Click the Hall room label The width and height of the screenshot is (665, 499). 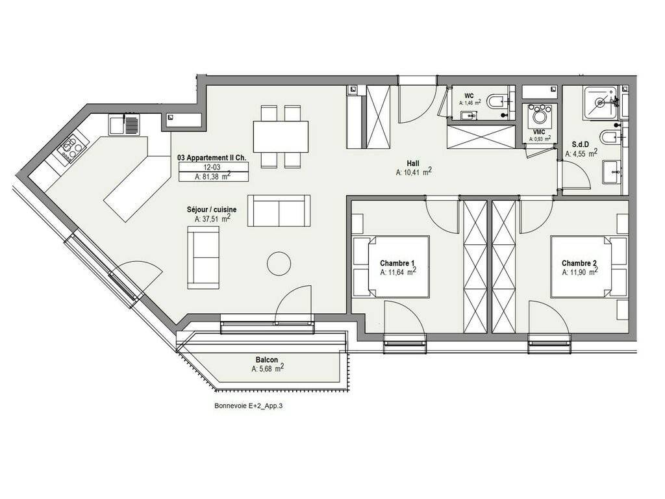coord(412,163)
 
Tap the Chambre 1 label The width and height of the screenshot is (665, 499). coord(397,264)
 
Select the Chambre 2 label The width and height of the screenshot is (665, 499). coord(579,264)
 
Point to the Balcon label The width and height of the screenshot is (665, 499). coord(267,360)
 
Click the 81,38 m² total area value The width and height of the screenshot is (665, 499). coord(213,177)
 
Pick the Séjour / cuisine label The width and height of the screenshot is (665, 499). coord(212,210)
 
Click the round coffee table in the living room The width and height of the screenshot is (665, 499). coord(279,264)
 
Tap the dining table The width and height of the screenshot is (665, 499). coord(281,136)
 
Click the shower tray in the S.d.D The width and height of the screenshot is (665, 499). coord(599,102)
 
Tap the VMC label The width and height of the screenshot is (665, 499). coord(539,132)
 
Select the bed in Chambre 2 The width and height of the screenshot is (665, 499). coord(588,266)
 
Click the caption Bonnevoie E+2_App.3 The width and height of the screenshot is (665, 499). coord(249,406)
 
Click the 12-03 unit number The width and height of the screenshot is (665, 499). coord(212,168)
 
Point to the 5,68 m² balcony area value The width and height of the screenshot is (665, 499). coord(267,369)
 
